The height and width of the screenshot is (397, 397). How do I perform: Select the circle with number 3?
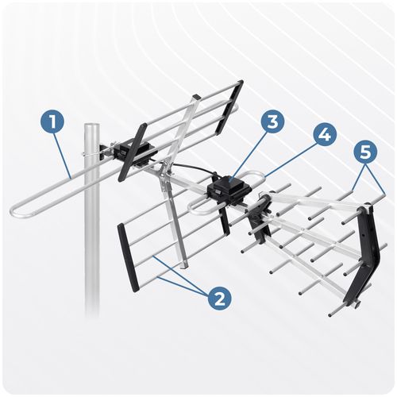tap(272, 122)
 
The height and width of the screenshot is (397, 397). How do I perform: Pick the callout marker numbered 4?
tap(323, 135)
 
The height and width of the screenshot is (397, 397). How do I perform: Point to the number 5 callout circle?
tap(368, 152)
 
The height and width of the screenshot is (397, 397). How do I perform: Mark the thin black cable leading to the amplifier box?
tap(195, 168)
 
